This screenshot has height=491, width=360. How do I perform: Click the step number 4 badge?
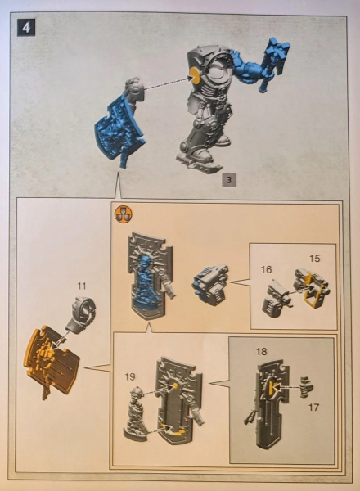(x=26, y=28)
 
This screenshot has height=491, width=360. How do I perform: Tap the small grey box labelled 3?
(x=229, y=180)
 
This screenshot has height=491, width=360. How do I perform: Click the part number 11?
(x=81, y=286)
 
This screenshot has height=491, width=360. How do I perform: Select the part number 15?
(x=315, y=259)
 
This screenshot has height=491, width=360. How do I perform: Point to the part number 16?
(x=266, y=269)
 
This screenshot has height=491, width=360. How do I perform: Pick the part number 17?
(x=313, y=407)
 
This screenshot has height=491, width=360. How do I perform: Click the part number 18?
(x=261, y=351)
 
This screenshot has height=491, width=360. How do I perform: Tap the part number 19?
(x=130, y=376)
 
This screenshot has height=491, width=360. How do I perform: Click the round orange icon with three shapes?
(x=124, y=214)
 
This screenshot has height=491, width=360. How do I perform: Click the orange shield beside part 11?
(x=52, y=360)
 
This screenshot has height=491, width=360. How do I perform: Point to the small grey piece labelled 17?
(x=307, y=387)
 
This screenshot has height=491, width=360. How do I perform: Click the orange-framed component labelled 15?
(x=312, y=286)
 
